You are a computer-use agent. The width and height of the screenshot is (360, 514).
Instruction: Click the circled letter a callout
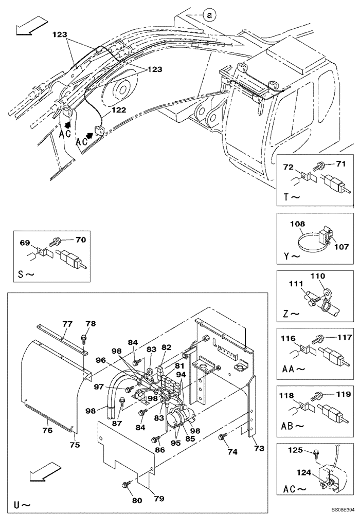209,15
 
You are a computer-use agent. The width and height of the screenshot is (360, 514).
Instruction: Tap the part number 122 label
119,109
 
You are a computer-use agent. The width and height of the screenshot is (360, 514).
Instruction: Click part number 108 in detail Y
298,224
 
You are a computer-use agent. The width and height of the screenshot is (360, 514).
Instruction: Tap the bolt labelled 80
125,484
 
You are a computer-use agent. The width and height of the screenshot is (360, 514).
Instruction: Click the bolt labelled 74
222,436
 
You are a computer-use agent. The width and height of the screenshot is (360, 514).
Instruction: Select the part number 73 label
259,449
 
